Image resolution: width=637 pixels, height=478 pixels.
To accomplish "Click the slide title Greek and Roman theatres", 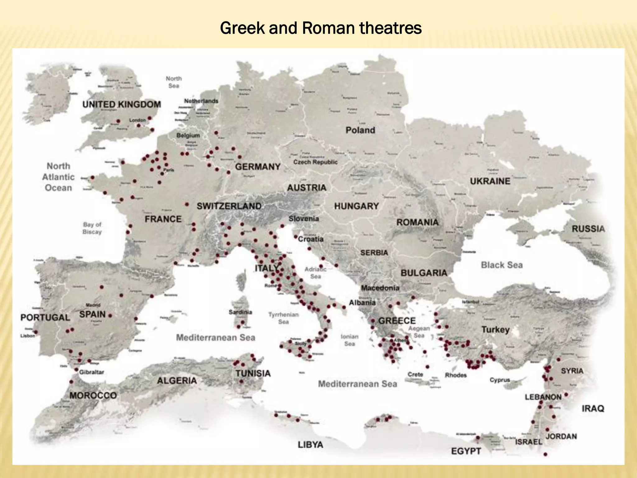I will click(x=321, y=28).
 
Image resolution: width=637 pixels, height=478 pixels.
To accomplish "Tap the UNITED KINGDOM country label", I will click(x=122, y=104).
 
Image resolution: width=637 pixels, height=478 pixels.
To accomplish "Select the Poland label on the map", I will click(x=360, y=130).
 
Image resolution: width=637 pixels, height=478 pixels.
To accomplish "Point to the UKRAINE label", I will click(x=490, y=181).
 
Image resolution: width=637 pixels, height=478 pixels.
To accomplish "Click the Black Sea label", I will click(x=502, y=265).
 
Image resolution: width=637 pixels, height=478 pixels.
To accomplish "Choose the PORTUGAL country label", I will click(x=45, y=317).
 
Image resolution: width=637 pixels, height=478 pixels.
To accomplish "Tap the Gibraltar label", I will click(x=91, y=372).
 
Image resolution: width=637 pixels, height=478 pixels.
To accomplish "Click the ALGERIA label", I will click(x=177, y=381).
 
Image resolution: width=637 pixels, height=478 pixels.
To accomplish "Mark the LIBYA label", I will click(x=310, y=445).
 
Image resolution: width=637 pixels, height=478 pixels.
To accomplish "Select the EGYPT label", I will click(x=466, y=451).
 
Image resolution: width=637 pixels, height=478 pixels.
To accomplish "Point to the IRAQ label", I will click(x=593, y=408).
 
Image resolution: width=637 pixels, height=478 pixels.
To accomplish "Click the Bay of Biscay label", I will click(x=92, y=228).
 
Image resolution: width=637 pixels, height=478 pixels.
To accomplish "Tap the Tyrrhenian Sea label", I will click(x=283, y=318).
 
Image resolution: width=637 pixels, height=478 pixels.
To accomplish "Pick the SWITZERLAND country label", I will click(x=229, y=206).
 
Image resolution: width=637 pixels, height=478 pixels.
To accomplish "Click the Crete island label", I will click(x=415, y=374).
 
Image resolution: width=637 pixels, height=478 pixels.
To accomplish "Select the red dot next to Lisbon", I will click(x=36, y=332).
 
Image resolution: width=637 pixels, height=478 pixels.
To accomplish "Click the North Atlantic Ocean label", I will click(x=58, y=177).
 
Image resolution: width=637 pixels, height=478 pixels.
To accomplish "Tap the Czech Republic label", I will click(x=315, y=162).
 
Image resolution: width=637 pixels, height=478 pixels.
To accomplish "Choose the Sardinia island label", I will click(x=240, y=312).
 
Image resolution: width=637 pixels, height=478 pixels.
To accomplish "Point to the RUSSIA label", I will click(x=588, y=229).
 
